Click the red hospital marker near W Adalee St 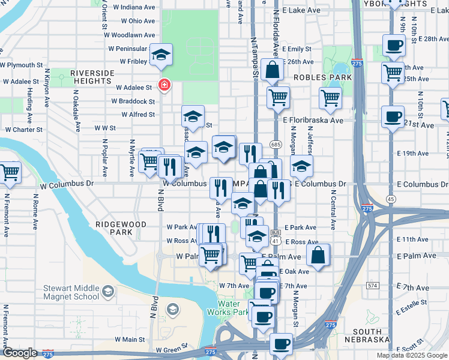[162, 85]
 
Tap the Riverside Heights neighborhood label [92, 77]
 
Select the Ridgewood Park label [121, 227]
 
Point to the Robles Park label [322, 77]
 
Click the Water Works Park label [228, 307]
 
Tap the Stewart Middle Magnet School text [71, 292]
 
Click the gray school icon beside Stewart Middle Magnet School [107, 292]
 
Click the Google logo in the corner [20, 353]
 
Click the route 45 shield [391, 199]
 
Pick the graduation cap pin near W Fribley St [161, 55]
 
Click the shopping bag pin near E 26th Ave [272, 70]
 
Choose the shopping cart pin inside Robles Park [330, 98]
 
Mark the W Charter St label [23, 129]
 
